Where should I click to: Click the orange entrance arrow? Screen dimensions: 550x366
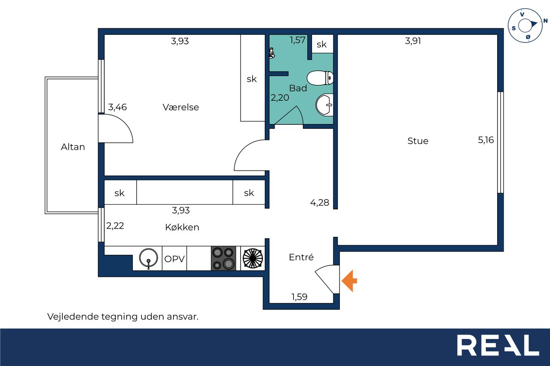(x=349, y=281)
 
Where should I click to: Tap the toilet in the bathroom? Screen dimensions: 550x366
(x=320, y=78)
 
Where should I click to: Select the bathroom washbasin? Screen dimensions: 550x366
(x=324, y=105)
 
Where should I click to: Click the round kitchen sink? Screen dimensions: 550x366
(x=148, y=258)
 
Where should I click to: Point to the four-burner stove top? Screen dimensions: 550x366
(x=223, y=258)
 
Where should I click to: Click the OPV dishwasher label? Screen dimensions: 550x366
(x=174, y=259)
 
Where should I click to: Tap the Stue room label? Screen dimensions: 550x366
(x=418, y=141)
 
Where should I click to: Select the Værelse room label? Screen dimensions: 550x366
(x=180, y=107)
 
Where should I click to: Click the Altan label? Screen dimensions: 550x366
(x=73, y=147)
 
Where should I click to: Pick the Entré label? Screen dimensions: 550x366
(x=301, y=257)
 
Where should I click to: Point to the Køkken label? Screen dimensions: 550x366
(x=182, y=227)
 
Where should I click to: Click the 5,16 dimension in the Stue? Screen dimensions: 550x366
(x=486, y=140)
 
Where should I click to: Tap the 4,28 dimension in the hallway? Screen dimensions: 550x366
(x=319, y=203)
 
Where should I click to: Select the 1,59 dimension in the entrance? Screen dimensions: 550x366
(x=299, y=297)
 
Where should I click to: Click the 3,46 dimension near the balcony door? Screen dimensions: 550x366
(x=117, y=107)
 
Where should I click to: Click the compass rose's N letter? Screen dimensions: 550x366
(x=545, y=21)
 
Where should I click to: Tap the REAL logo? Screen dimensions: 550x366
(x=498, y=345)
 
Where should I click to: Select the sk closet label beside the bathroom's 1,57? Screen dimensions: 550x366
(x=321, y=44)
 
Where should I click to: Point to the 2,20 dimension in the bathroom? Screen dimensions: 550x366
(x=280, y=98)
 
